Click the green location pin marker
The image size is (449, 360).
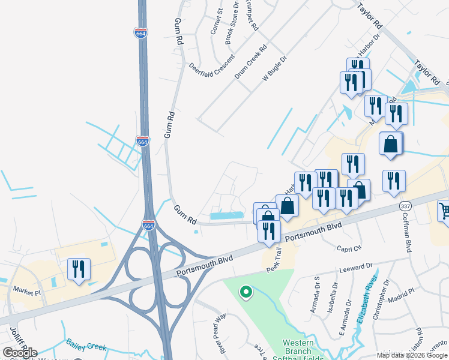pos(246,292)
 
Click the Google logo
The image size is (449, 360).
pos(20,353)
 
